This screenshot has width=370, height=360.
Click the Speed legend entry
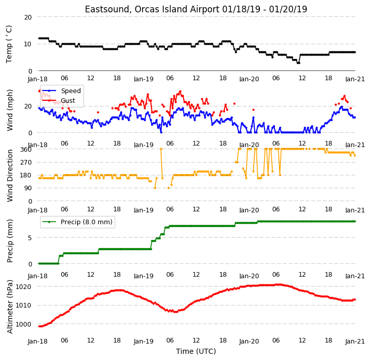pos(61,91)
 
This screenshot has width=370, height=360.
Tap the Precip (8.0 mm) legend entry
pos(77,222)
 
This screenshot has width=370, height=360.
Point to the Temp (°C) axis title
pos(9,44)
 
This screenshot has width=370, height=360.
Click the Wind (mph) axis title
pos(10,110)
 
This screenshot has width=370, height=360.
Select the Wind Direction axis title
pos(10,176)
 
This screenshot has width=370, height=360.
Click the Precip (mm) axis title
pos(10,241)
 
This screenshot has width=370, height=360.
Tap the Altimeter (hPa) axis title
pos(10,307)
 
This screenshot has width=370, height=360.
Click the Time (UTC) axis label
pos(196,351)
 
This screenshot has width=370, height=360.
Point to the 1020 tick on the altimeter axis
pos(24,286)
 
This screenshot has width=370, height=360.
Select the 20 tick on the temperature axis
pos(28,17)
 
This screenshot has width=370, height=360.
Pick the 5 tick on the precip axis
pos(30,238)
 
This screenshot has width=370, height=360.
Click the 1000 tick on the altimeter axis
pos(24,325)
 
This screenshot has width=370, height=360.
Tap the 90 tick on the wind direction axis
pos(28,188)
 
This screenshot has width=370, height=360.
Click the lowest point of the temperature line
pos(298,63)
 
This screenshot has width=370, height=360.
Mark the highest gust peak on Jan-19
pos(180,91)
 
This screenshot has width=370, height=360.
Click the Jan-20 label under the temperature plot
pos(249,79)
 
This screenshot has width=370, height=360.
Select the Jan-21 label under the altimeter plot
pos(355,341)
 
